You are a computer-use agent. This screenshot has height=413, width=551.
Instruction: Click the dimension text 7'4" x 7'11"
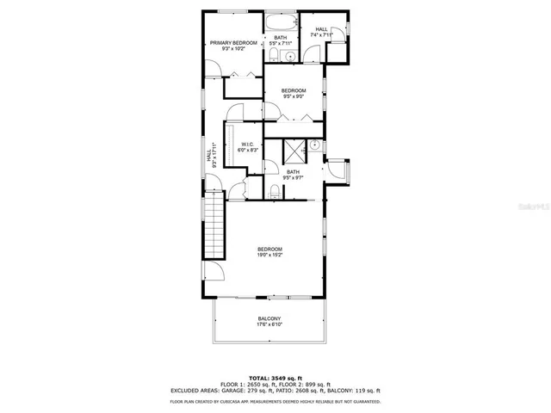(x=321, y=35)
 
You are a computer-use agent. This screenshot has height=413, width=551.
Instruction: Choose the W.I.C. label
(x=247, y=144)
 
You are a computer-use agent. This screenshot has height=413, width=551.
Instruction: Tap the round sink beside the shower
(x=315, y=145)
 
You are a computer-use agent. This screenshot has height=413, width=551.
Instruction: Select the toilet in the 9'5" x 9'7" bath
(x=274, y=191)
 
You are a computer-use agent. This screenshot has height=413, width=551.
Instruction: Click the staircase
(x=214, y=223)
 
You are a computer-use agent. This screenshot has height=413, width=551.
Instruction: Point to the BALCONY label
(x=269, y=317)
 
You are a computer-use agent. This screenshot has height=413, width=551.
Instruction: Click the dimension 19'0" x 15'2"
(x=269, y=255)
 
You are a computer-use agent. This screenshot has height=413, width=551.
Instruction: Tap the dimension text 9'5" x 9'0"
(x=294, y=96)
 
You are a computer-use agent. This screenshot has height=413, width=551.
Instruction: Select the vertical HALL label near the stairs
(x=208, y=159)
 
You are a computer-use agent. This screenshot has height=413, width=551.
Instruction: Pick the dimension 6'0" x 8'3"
(x=247, y=151)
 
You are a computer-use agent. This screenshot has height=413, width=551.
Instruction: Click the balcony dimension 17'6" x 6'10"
(x=269, y=324)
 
